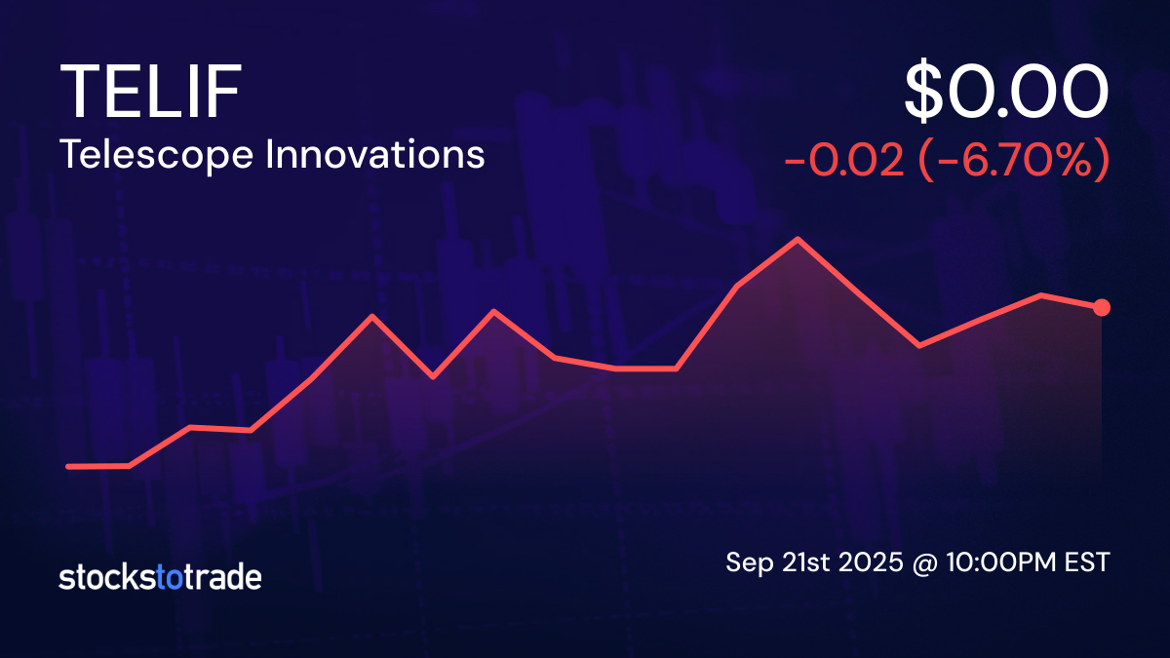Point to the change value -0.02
(x=843, y=161)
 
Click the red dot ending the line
(x=1102, y=308)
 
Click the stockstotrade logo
(x=160, y=577)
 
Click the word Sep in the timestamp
(x=746, y=562)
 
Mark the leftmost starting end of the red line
(x=68, y=466)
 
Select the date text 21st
(x=799, y=562)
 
